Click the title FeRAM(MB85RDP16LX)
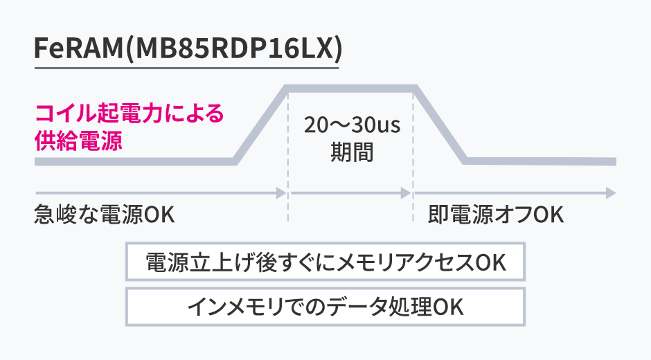tap(187, 49)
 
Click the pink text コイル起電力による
tap(130, 114)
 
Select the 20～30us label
tap(352, 126)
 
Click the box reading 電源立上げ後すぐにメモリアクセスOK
tap(325, 262)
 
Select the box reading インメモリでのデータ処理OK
tap(325, 305)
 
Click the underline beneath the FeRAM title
tap(187, 67)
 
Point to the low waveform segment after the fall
tap(540, 161)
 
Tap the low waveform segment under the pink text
tap(132, 161)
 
